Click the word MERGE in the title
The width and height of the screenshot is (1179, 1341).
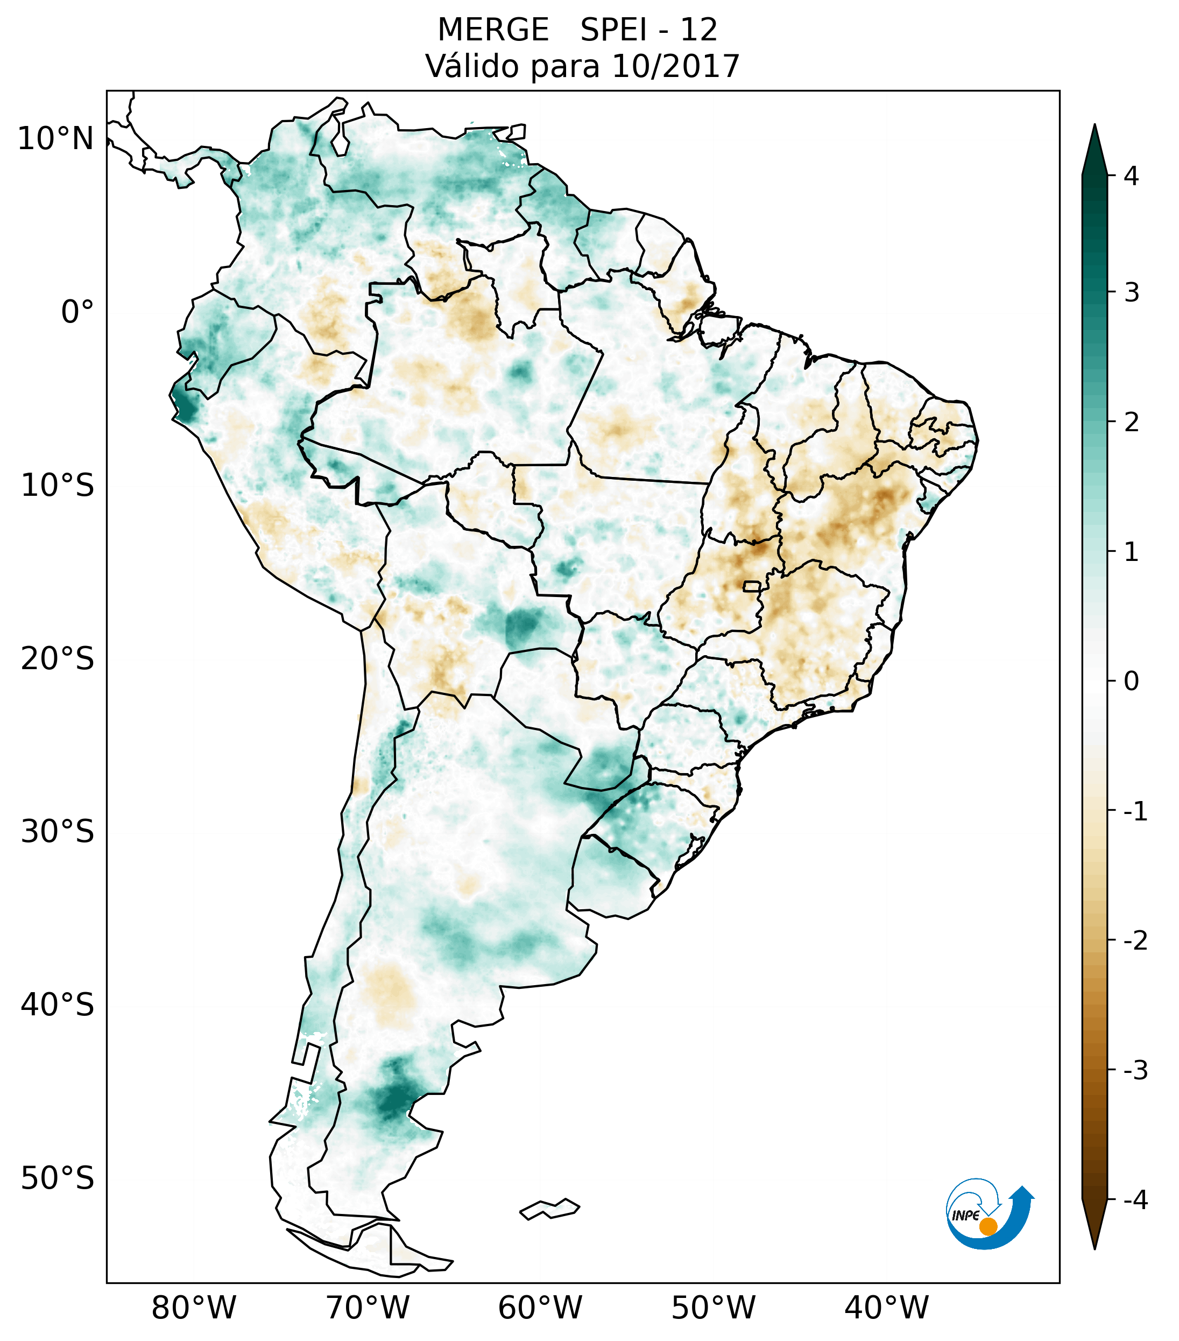492,30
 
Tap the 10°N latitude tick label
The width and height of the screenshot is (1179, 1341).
56,139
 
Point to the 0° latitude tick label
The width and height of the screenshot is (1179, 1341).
77,312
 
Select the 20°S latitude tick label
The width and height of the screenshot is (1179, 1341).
58,659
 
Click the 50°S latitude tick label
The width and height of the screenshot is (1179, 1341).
58,1179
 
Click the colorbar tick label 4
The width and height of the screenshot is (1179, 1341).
1131,176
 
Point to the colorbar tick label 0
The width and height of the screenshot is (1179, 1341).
1131,682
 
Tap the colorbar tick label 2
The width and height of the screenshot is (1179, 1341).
1131,423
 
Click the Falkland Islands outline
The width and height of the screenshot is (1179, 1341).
549,1209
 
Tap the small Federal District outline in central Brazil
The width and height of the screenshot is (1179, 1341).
752,585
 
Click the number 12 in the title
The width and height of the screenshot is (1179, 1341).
698,30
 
